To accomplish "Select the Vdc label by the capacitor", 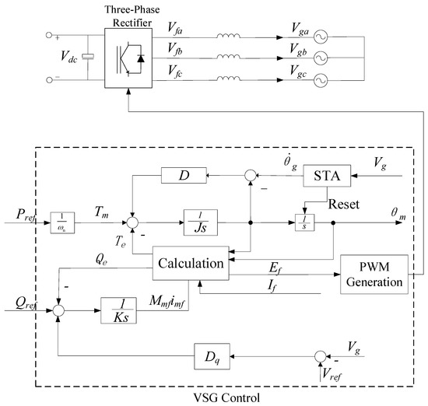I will [72, 55].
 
